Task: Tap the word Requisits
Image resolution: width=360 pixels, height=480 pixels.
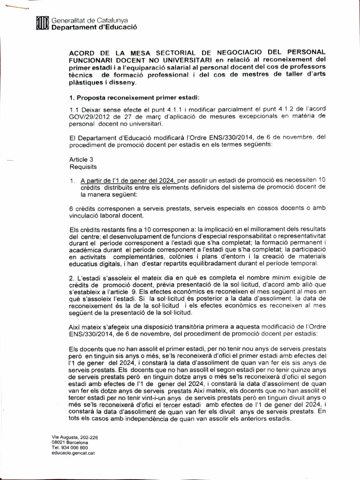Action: (82, 166)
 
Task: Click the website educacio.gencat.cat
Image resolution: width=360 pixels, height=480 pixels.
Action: (73, 453)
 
